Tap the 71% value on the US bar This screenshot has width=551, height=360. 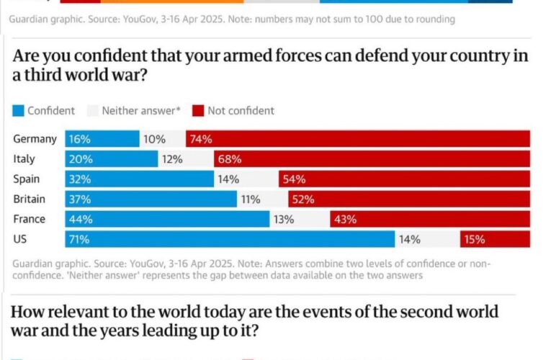click(x=80, y=239)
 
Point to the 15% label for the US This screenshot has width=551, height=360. click(x=475, y=239)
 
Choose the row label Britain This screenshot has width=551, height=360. click(x=30, y=199)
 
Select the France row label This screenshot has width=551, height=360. click(x=30, y=219)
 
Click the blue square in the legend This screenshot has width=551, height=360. click(x=18, y=111)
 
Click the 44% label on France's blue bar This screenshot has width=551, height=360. click(x=80, y=219)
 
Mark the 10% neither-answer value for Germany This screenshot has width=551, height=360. click(x=154, y=139)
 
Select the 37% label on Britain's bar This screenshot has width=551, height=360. click(x=80, y=199)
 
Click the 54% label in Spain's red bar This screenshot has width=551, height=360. click(x=294, y=179)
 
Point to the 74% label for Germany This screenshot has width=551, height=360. click(x=201, y=139)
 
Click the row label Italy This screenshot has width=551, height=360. click(x=24, y=159)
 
